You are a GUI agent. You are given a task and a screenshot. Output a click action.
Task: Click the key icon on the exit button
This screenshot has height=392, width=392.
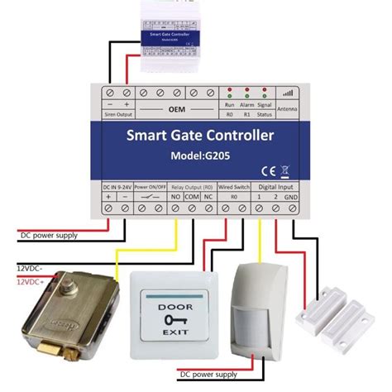pos(172,318)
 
